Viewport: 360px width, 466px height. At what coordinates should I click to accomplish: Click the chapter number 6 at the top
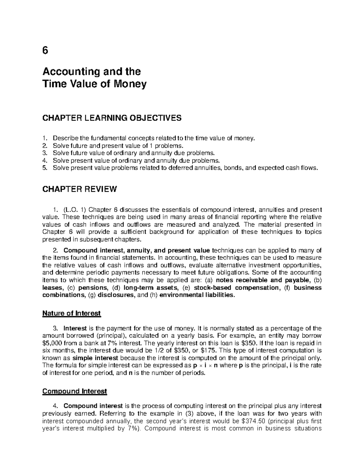[45, 51]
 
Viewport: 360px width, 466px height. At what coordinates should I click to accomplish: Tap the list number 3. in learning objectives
[45, 153]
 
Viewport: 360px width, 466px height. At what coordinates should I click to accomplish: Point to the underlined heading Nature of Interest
[71, 314]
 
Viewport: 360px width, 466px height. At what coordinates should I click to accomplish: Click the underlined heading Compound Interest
[74, 391]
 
